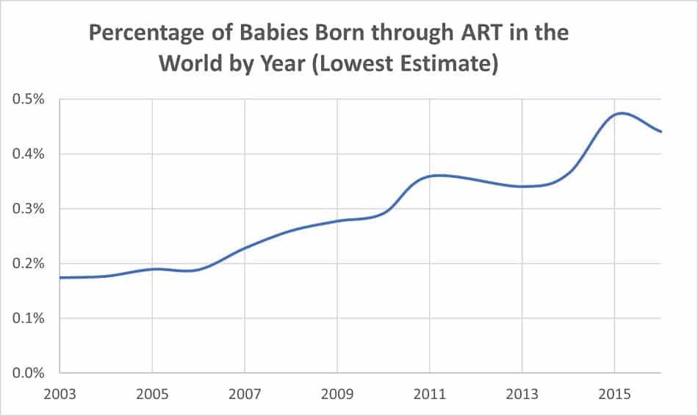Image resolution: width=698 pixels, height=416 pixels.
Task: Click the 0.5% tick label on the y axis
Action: click(x=29, y=99)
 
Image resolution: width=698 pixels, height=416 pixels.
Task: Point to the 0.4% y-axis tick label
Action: click(x=29, y=154)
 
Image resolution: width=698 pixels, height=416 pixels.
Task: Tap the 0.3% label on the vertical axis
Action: click(x=29, y=209)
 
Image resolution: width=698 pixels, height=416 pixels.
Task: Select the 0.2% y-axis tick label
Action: click(x=29, y=264)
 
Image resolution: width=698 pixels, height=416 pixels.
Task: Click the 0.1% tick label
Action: click(x=29, y=318)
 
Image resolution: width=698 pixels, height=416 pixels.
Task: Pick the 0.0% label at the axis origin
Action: click(x=29, y=373)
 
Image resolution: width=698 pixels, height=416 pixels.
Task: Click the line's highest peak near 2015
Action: click(x=622, y=113)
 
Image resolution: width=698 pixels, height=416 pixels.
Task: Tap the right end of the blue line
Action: click(x=661, y=132)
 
